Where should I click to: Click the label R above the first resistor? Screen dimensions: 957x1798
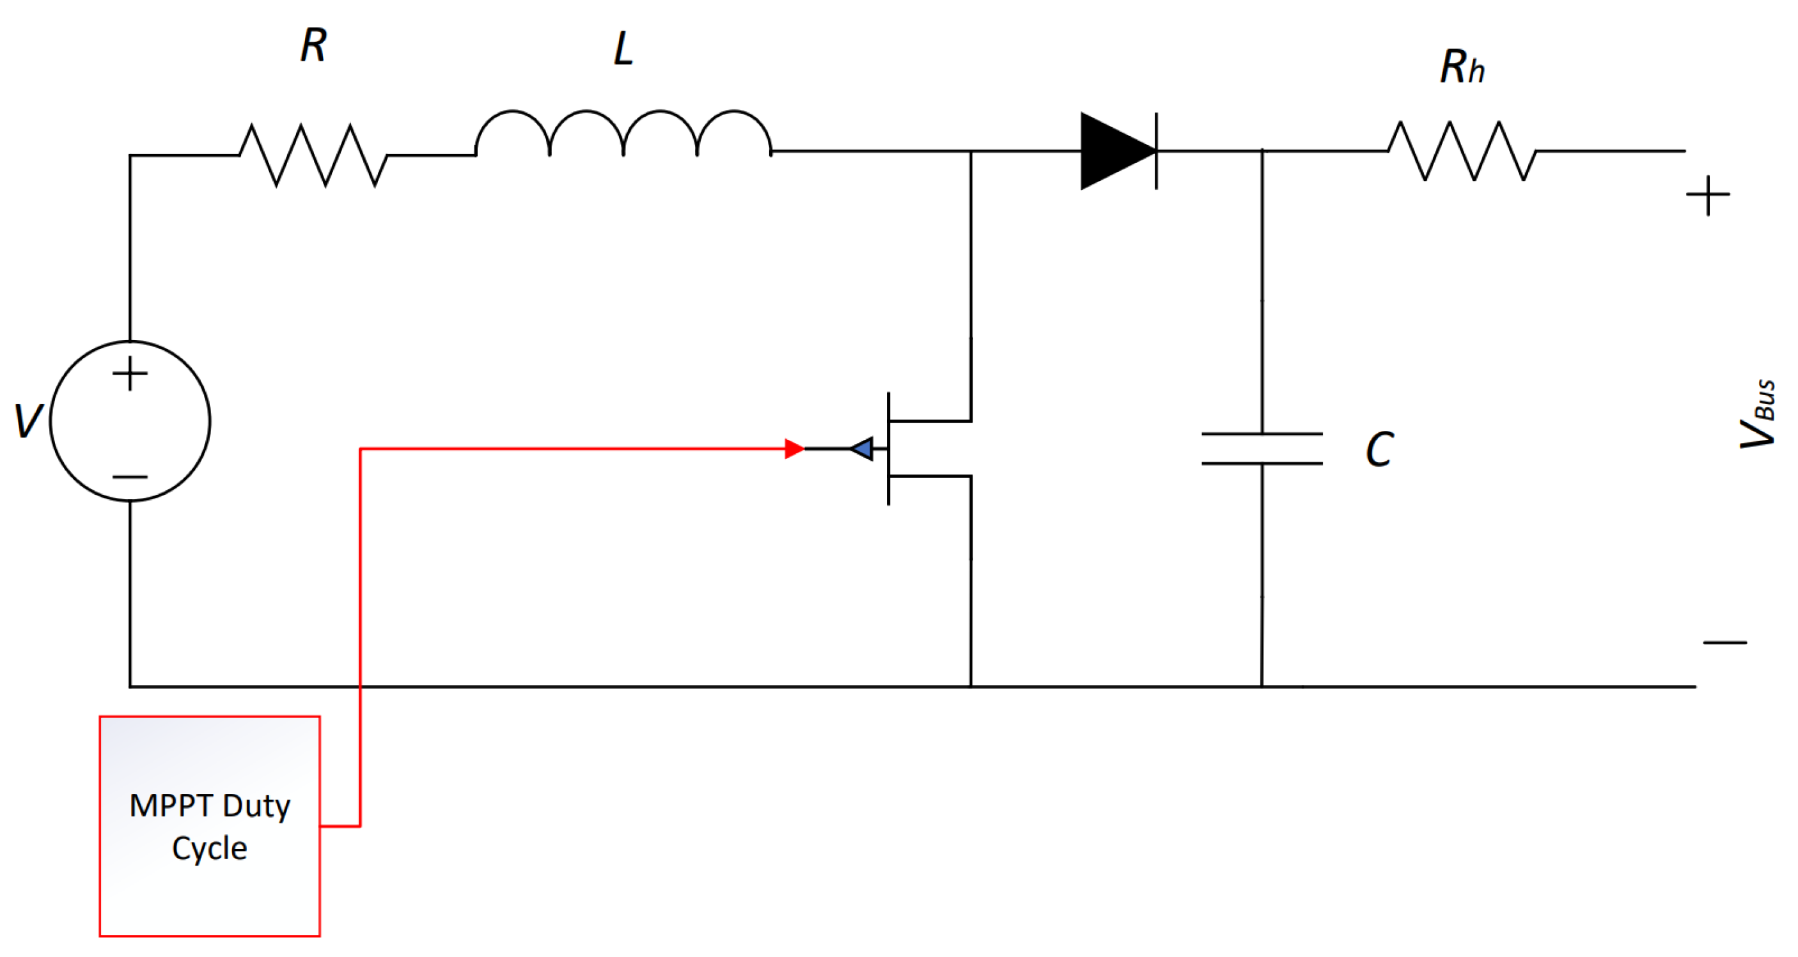click(313, 46)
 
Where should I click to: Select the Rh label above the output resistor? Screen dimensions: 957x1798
click(1462, 67)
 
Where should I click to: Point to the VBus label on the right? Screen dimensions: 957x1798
click(1758, 413)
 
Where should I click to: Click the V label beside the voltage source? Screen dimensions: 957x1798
click(28, 421)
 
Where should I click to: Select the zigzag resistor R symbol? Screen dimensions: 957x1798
click(313, 155)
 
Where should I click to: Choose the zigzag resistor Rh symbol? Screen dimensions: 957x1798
click(1462, 151)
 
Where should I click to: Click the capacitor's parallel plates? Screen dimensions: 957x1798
click(1262, 448)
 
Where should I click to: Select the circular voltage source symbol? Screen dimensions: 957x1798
click(130, 421)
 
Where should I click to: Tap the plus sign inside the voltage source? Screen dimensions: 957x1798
click(130, 373)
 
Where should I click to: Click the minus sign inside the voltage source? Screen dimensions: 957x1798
click(130, 477)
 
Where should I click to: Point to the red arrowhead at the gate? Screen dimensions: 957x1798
click(794, 448)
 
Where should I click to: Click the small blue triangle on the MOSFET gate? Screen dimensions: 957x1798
click(863, 448)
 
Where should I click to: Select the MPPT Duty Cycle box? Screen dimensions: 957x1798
click(209, 826)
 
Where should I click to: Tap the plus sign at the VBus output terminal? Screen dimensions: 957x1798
click(1707, 195)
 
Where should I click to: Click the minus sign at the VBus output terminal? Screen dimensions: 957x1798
click(1724, 641)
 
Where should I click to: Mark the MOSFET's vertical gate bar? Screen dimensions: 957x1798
click(888, 448)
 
